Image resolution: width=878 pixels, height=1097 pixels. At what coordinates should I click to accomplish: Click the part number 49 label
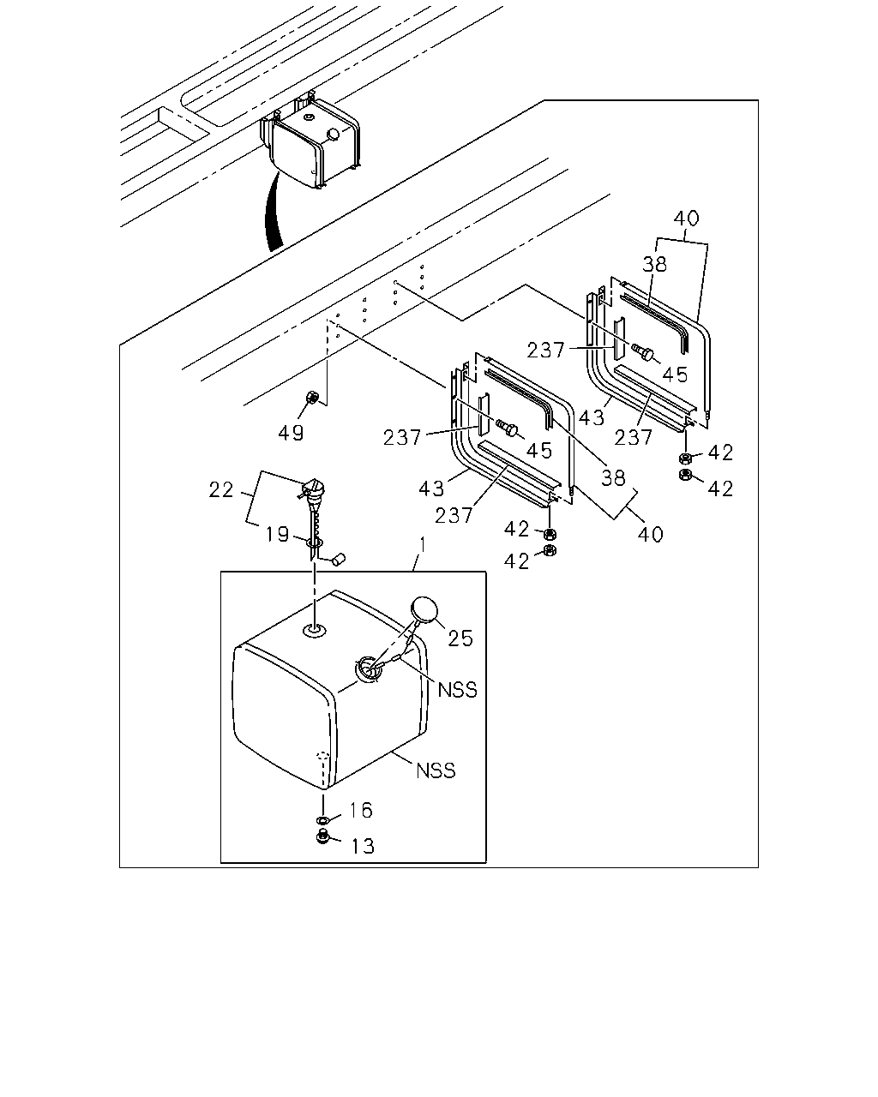point(291,433)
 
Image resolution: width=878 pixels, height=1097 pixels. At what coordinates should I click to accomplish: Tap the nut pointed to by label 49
point(311,396)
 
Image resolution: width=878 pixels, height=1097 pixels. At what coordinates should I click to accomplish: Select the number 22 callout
point(221,490)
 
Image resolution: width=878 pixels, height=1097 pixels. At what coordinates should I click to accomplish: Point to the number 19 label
point(277,534)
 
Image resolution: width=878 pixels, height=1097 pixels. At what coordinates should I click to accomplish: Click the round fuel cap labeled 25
point(424,609)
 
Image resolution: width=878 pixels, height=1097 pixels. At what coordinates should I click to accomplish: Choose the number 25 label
point(460,638)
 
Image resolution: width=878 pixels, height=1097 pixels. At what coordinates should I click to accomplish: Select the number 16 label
point(361,810)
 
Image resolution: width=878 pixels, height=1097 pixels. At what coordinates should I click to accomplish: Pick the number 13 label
point(363,846)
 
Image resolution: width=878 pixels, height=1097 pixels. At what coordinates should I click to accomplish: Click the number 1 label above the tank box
point(423,545)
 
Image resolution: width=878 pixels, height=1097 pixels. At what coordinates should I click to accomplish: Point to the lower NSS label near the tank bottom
point(436,770)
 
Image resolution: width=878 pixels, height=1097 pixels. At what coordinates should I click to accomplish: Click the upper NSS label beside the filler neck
point(458,690)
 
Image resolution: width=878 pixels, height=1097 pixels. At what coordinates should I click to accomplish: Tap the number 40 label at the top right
point(686,219)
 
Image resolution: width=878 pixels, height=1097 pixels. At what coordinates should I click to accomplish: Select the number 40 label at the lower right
point(651,534)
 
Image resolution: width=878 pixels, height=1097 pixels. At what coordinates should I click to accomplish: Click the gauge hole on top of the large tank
point(315,631)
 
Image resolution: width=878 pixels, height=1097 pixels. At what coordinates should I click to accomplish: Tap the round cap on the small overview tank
point(333,135)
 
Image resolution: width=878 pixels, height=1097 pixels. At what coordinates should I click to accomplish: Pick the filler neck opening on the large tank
point(368,668)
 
